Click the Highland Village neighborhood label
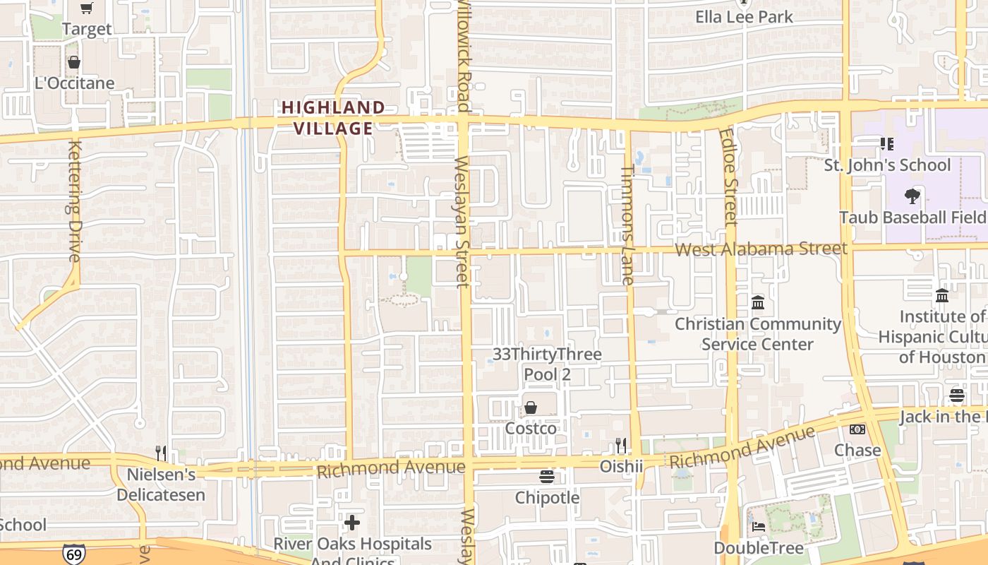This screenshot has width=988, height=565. [333, 118]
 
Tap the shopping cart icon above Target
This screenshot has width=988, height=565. [87, 8]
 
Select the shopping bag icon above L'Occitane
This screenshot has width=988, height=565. [74, 62]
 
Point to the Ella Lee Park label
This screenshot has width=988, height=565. [745, 17]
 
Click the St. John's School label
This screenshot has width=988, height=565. [888, 165]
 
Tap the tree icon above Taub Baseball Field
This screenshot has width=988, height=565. [912, 196]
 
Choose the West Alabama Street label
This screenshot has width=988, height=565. [761, 249]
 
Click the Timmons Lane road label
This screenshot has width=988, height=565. [627, 225]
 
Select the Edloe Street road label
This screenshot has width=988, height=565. [730, 177]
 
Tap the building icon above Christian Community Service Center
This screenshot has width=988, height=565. [758, 303]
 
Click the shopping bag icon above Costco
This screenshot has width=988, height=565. [531, 408]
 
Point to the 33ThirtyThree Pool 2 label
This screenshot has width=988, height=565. [547, 364]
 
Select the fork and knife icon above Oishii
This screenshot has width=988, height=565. [621, 446]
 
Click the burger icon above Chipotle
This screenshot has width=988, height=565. [547, 477]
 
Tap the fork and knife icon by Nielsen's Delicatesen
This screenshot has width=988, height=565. [162, 453]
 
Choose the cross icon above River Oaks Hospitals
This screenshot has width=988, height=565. [352, 523]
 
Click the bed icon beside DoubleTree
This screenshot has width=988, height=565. [759, 527]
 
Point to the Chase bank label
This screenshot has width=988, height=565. [857, 450]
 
